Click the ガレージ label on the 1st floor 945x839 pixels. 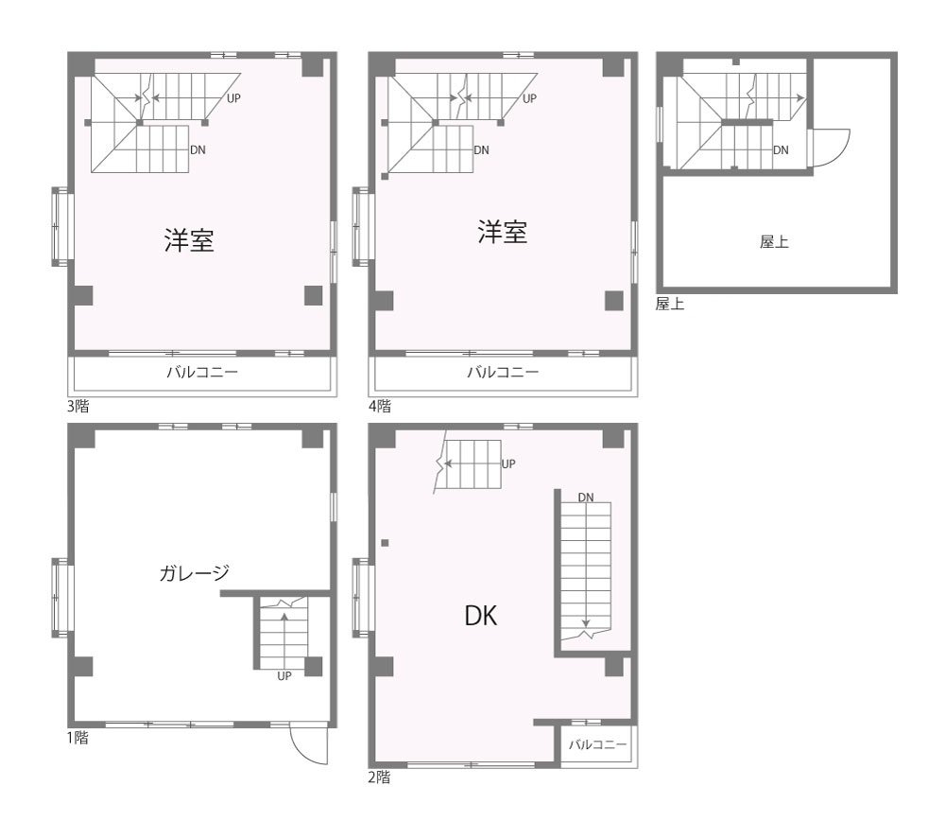click(194, 572)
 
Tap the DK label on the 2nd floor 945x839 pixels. click(481, 616)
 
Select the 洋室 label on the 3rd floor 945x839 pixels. click(189, 239)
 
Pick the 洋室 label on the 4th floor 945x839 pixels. click(503, 233)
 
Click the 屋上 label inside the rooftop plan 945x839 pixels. click(775, 242)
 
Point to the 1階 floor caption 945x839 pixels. click(77, 737)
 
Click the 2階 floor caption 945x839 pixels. click(379, 778)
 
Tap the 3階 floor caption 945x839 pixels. click(77, 406)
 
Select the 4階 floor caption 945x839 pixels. click(380, 406)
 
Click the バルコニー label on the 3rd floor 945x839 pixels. click(202, 372)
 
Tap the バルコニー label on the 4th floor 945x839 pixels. click(504, 372)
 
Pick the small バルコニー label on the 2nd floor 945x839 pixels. click(598, 744)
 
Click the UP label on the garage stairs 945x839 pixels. click(284, 676)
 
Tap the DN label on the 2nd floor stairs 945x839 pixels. click(586, 497)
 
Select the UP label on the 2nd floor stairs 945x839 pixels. click(508, 463)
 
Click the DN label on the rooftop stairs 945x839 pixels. click(782, 149)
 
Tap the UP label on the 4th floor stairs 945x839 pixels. click(530, 98)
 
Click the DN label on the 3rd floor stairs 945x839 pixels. click(198, 149)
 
